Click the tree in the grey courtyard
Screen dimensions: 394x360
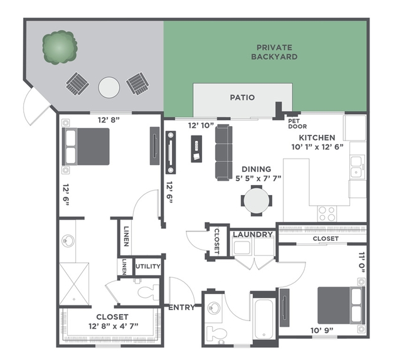point(60,48)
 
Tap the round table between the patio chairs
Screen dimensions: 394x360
point(109,87)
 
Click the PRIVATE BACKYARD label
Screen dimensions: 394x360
point(274,52)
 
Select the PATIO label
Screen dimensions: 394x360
point(242,97)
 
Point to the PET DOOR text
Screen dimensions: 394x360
point(297,124)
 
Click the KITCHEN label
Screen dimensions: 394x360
point(317,137)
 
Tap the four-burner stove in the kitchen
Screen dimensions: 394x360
point(327,213)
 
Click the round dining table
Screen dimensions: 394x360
point(257,201)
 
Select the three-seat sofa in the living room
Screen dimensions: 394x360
point(223,152)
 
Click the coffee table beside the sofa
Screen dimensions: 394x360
point(196,149)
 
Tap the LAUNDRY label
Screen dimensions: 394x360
point(253,235)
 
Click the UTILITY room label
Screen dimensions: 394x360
point(148,267)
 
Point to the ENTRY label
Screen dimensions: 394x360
point(181,307)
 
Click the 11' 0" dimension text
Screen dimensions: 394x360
point(361,262)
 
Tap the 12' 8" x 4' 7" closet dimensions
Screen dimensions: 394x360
point(114,326)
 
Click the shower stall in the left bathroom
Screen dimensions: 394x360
point(74,284)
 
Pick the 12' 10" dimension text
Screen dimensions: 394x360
point(201,125)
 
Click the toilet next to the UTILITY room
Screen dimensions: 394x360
point(148,292)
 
